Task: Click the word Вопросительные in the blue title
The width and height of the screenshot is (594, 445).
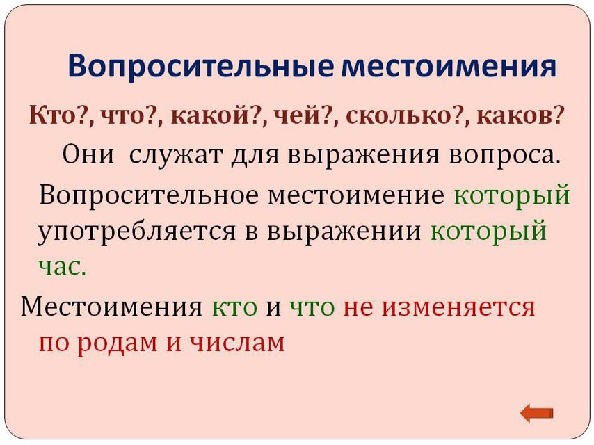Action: [201, 67]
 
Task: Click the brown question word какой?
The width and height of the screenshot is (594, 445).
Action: [214, 115]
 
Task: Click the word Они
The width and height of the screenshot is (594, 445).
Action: [88, 154]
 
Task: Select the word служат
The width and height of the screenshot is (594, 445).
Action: [175, 155]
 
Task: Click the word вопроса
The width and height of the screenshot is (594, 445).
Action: [504, 156]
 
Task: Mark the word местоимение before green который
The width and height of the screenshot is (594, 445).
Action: [356, 196]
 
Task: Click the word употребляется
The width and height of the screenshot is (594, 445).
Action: [136, 232]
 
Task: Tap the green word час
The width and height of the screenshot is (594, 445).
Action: [63, 268]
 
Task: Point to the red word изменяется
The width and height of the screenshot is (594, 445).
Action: [458, 307]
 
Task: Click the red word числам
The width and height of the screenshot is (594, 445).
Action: [236, 343]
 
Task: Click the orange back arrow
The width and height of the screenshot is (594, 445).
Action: [536, 413]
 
